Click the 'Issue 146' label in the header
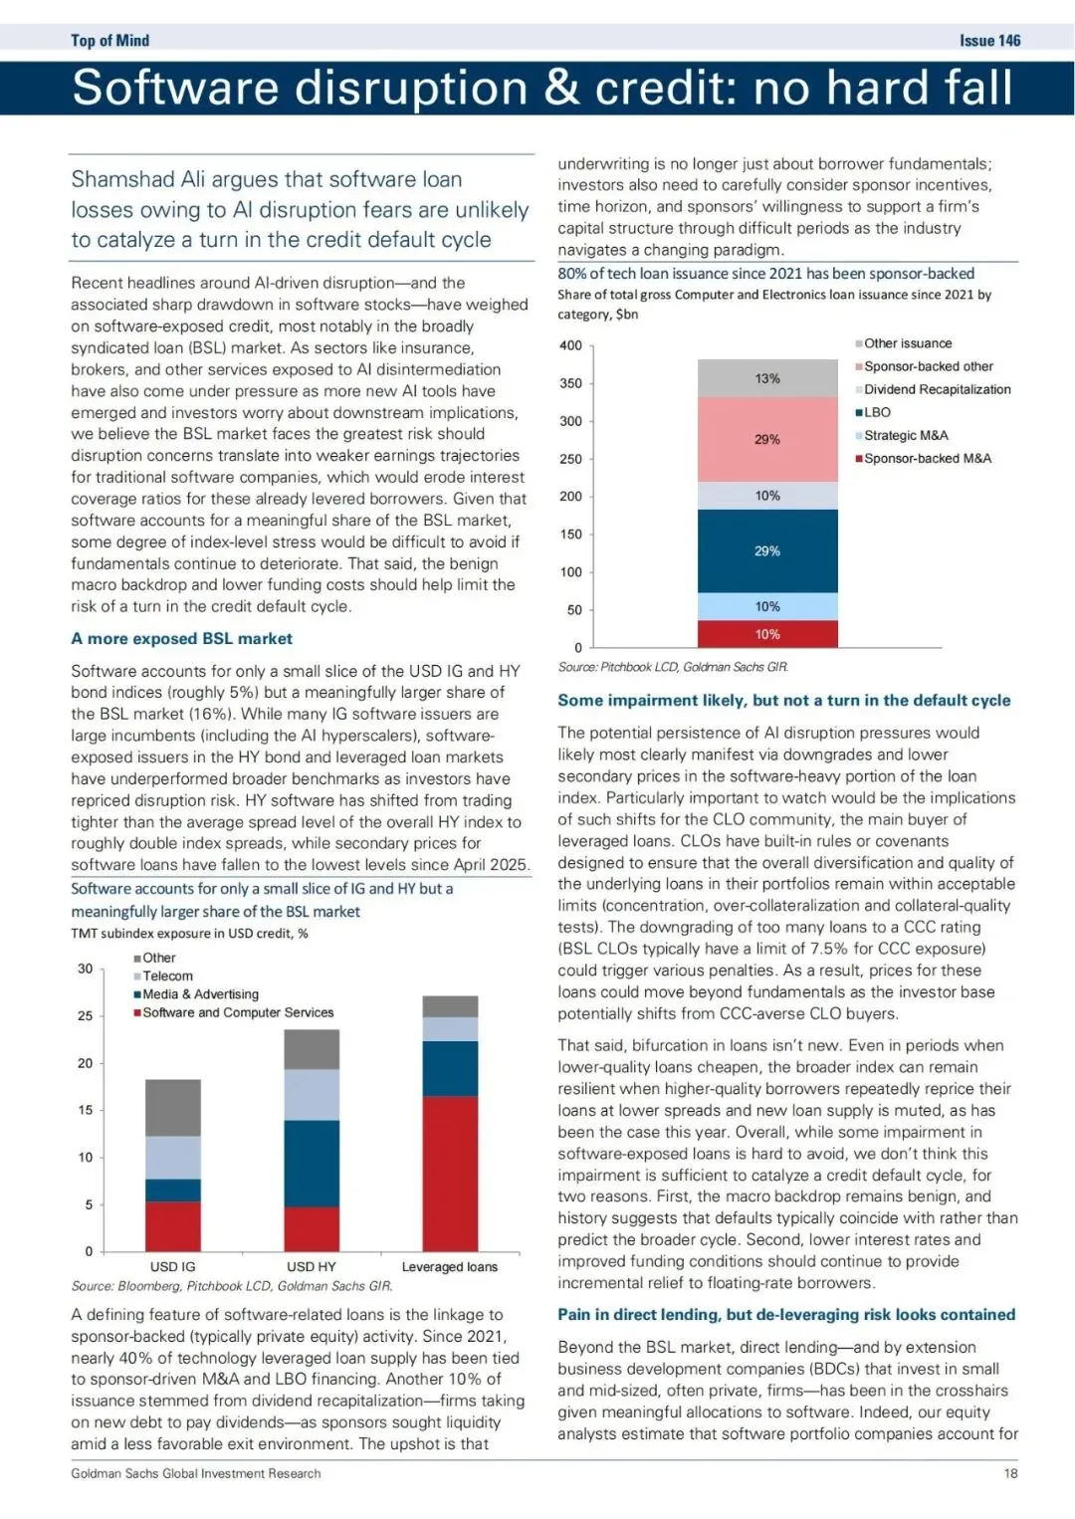[989, 41]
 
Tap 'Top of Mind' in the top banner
[109, 41]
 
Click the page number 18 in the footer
[1010, 1473]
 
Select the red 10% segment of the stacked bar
[767, 634]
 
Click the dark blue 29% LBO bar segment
[767, 550]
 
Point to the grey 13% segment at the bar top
[767, 378]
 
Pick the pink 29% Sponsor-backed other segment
[767, 439]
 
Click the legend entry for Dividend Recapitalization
[937, 389]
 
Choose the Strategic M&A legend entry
[906, 435]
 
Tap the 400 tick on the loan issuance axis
[571, 345]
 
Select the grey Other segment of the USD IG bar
[173, 1107]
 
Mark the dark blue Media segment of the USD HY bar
[312, 1163]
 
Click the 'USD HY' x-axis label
[312, 1266]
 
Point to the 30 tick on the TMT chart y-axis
[86, 969]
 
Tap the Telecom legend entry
[167, 976]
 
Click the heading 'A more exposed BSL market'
[182, 639]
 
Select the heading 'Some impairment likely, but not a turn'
[783, 701]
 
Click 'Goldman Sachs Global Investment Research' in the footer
[196, 1473]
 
